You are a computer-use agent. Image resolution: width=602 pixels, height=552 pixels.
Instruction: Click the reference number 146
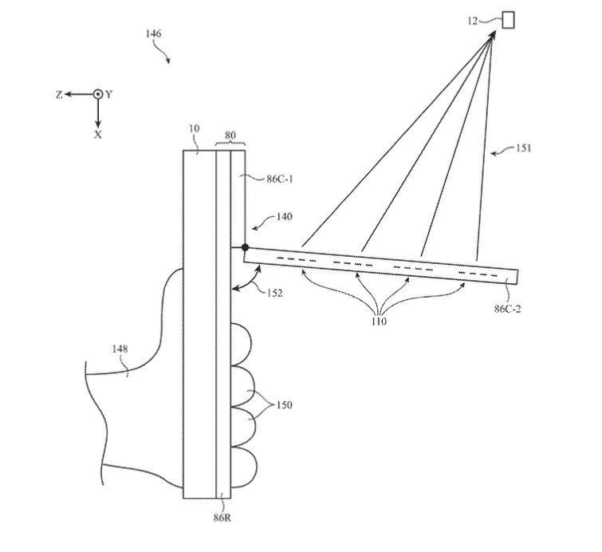pos(153,34)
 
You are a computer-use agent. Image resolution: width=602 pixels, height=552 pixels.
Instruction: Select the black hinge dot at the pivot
pos(246,249)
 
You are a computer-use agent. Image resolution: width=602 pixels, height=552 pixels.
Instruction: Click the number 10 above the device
pos(193,128)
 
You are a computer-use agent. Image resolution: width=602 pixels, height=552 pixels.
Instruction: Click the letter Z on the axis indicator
pos(59,94)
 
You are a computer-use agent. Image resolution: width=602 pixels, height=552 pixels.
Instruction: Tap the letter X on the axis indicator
pos(98,135)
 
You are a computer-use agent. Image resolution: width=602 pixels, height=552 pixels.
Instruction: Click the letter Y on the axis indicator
pos(109,94)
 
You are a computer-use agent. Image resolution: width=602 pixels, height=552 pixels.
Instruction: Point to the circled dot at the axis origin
pos(98,94)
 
